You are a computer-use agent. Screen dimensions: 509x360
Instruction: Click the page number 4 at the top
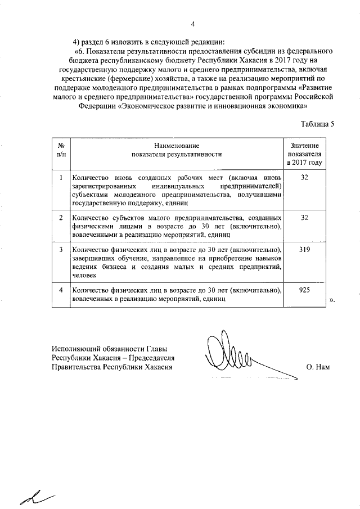[192, 24]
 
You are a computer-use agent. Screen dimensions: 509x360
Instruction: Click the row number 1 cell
[61, 178]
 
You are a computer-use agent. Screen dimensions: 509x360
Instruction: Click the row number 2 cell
[61, 217]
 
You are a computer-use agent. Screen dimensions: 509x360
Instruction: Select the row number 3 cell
[61, 249]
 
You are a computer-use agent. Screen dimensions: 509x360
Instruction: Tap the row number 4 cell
[61, 290]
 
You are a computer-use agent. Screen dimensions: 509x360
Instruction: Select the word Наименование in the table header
[176, 146]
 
